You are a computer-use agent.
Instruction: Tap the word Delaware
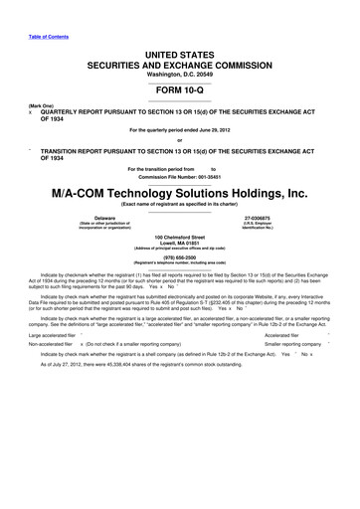click(x=104, y=217)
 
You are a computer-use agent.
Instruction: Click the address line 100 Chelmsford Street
click(x=179, y=238)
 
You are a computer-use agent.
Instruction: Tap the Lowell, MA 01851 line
click(x=179, y=244)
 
